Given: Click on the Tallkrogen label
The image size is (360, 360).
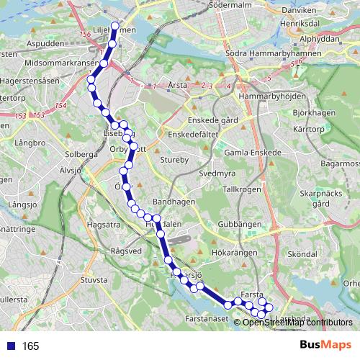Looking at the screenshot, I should click(x=241, y=189).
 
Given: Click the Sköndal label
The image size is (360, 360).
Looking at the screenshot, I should click(x=301, y=254).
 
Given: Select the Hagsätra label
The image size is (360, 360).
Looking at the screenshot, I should click(x=101, y=225).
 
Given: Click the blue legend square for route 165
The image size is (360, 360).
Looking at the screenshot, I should click(x=11, y=346).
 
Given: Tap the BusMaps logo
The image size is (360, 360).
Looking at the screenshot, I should click(x=325, y=346).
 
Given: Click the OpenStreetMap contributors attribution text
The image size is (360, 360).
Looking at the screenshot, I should click(x=297, y=323).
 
